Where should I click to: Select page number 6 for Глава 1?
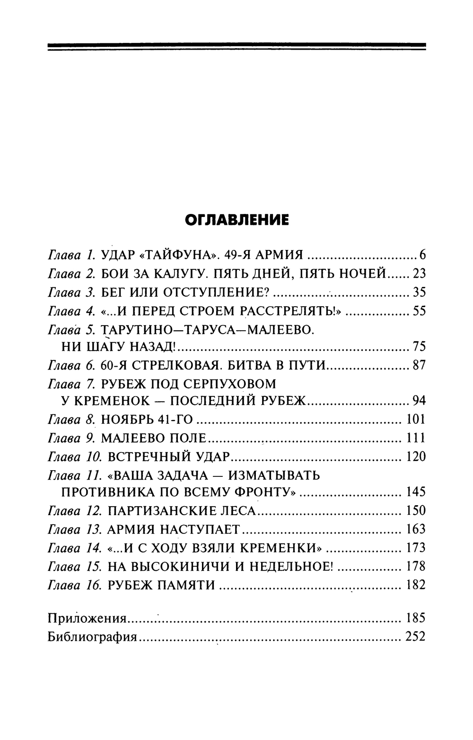(422, 256)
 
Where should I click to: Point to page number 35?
(419, 293)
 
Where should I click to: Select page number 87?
(419, 366)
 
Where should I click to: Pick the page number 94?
(419, 401)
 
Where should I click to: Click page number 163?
(416, 529)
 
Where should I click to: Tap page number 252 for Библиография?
(416, 637)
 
